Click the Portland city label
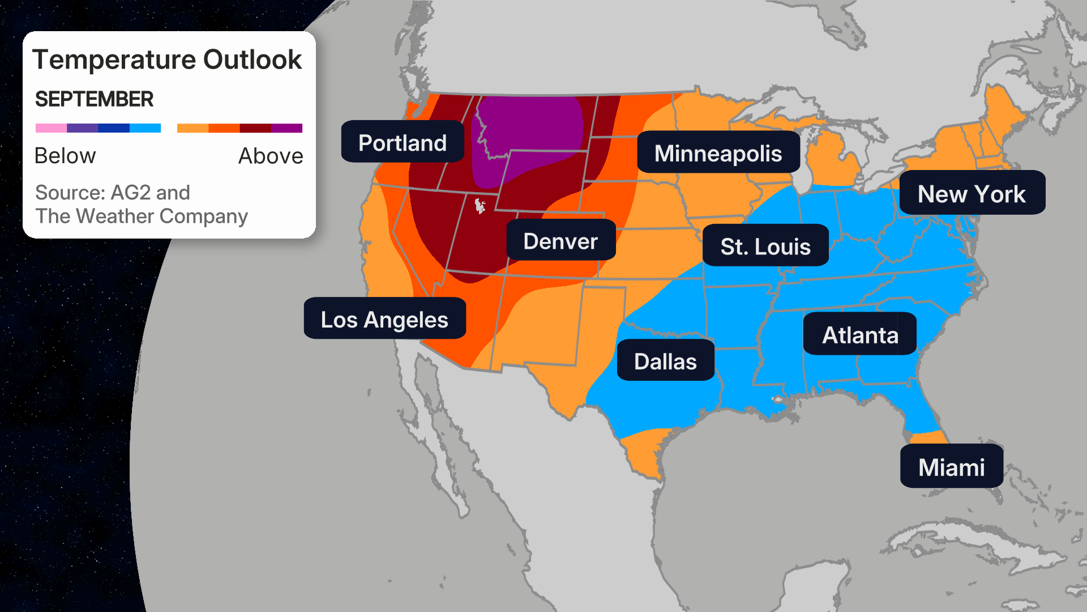(x=403, y=142)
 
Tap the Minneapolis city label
(x=718, y=153)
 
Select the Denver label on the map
(x=560, y=241)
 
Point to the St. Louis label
(x=765, y=246)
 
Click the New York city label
(x=972, y=194)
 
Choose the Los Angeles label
(x=384, y=319)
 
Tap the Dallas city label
(x=665, y=361)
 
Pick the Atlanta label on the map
(x=859, y=334)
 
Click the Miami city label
(x=951, y=467)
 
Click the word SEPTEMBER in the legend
(x=94, y=99)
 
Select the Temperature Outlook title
(x=167, y=59)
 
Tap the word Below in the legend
(x=65, y=155)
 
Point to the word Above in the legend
(x=271, y=155)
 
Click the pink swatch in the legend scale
(x=51, y=128)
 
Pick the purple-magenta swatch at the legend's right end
(x=287, y=128)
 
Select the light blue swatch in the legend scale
(x=145, y=128)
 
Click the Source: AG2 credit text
(x=112, y=193)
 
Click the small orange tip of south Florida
(x=929, y=437)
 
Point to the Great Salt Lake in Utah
(x=480, y=205)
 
